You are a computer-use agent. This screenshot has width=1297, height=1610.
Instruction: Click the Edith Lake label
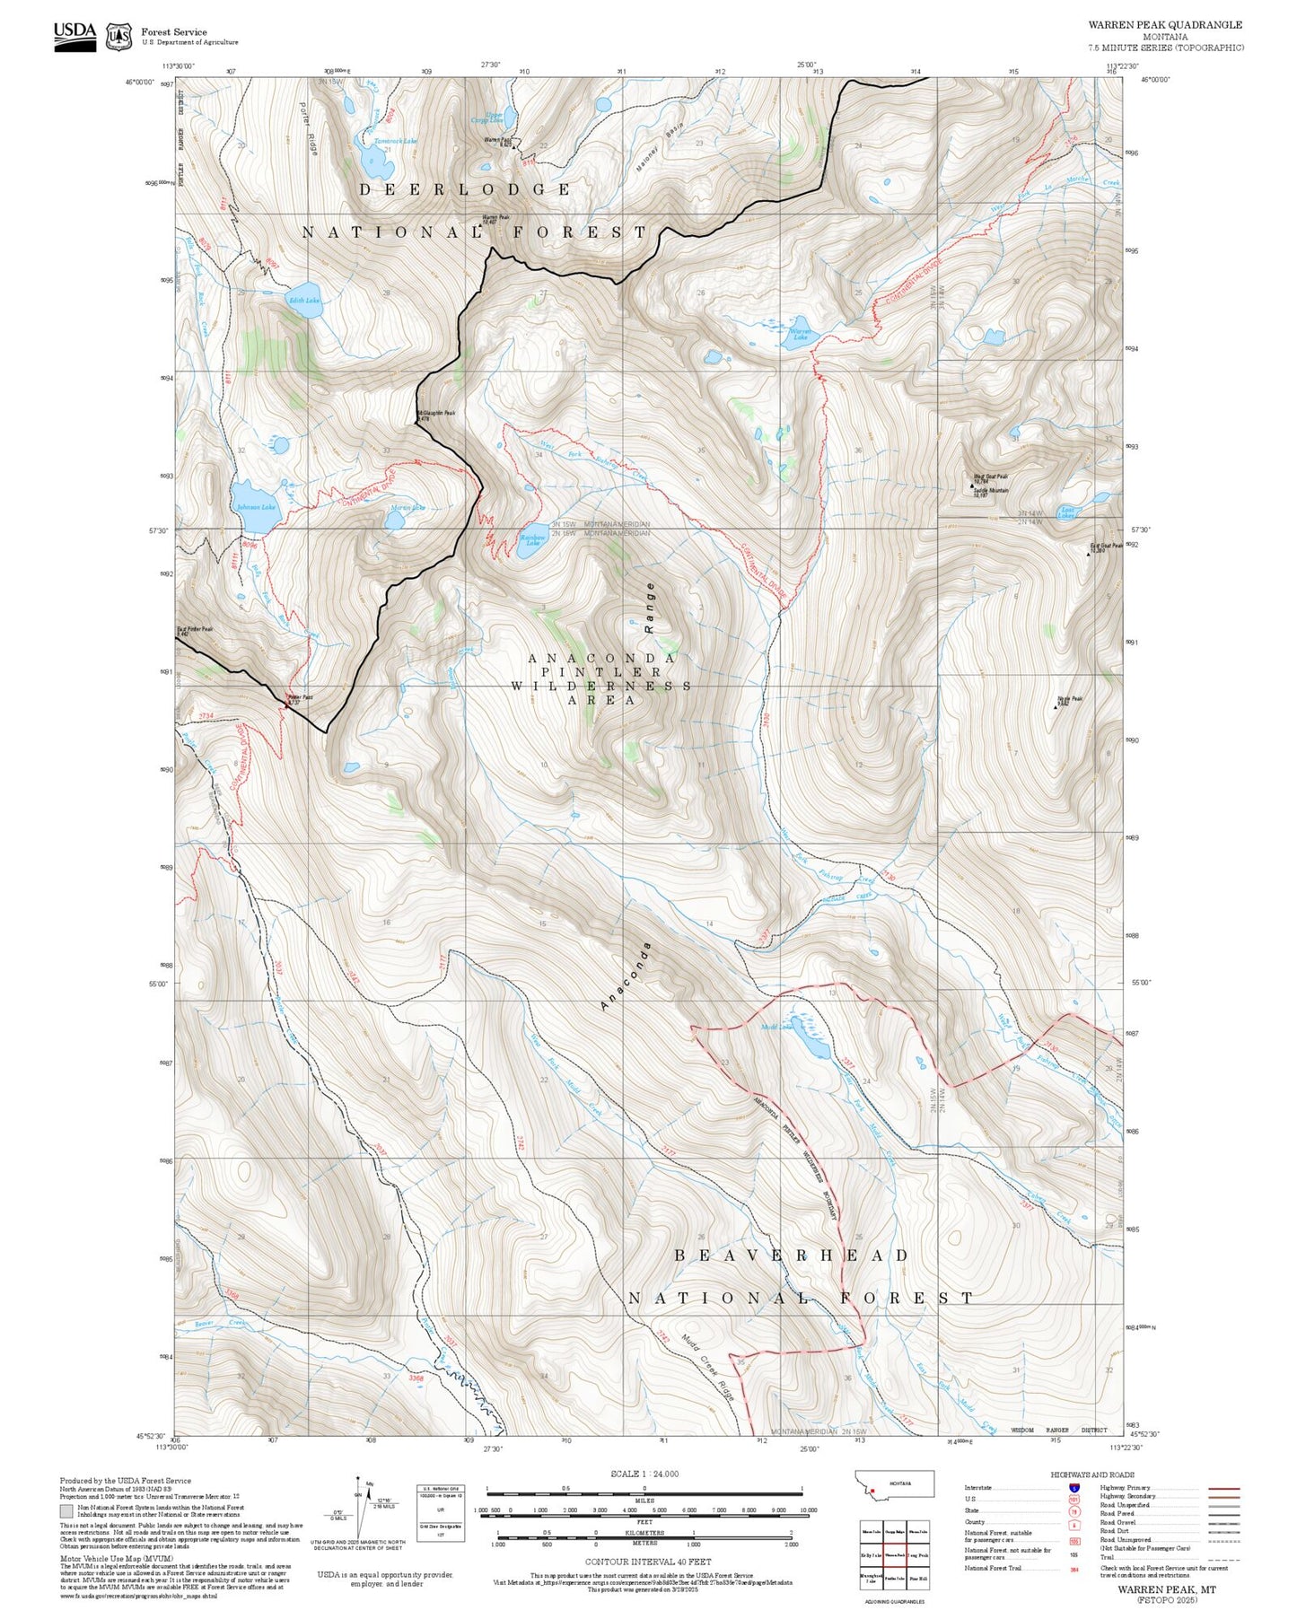click(303, 301)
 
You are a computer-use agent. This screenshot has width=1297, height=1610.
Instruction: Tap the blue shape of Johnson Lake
click(254, 501)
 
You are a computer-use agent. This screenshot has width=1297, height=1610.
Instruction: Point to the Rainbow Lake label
click(532, 540)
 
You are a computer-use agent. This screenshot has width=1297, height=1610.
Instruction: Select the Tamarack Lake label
click(395, 141)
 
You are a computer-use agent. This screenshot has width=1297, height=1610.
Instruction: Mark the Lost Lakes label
click(1066, 512)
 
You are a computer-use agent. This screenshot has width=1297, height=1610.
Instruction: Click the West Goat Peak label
click(991, 477)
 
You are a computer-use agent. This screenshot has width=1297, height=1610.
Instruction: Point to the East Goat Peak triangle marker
click(1089, 554)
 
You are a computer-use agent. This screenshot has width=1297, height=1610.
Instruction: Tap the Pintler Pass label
click(299, 698)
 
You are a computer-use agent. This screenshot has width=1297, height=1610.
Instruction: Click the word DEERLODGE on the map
click(465, 189)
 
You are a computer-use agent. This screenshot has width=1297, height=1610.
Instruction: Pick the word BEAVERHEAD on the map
click(792, 1256)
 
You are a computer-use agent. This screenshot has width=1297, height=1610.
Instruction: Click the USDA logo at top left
click(74, 35)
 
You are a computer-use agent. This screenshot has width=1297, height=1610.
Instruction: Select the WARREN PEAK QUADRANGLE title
click(1165, 25)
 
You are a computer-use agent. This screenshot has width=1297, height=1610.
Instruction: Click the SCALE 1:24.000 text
click(644, 1474)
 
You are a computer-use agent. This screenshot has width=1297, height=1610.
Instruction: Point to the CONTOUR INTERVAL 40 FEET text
click(644, 1562)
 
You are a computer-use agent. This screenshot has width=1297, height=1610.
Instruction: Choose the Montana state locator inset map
click(896, 1483)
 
